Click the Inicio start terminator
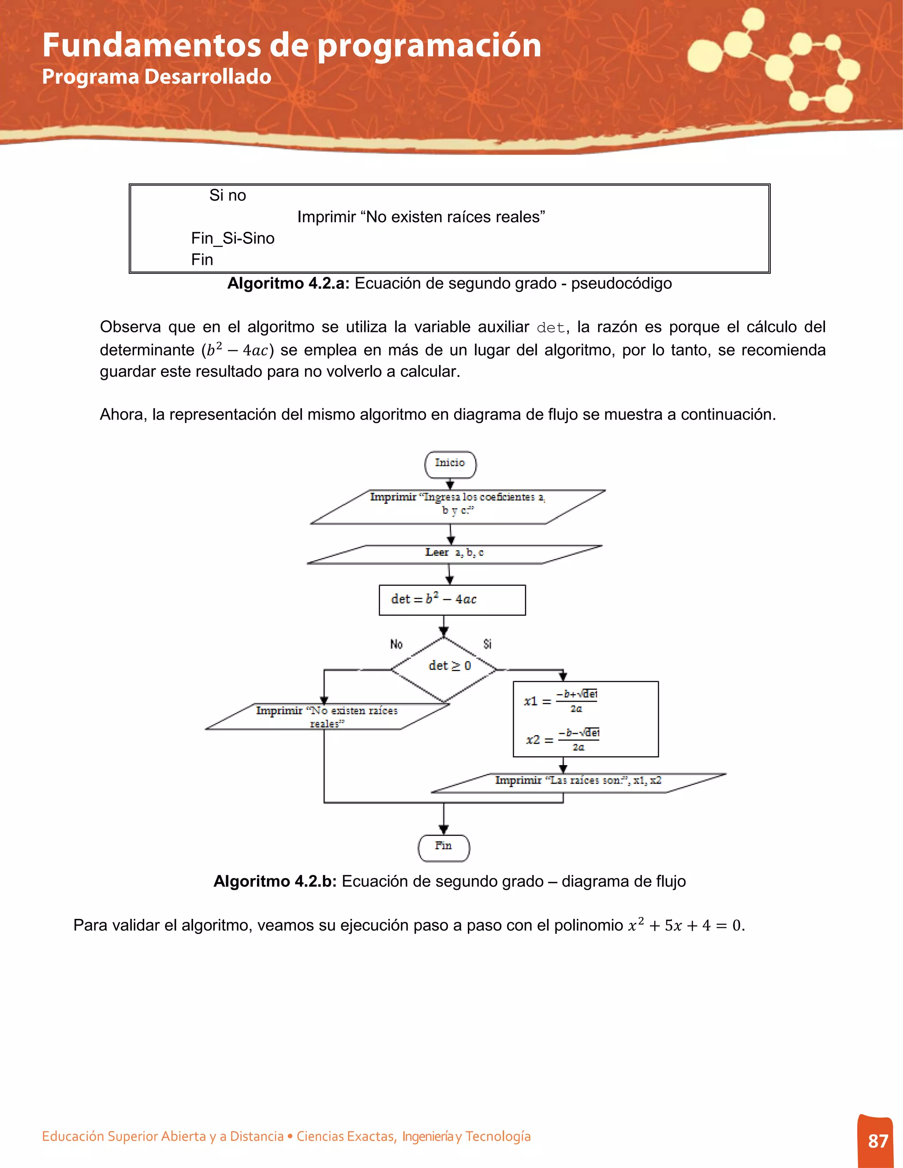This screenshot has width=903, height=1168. (450, 464)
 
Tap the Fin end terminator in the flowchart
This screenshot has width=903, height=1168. (444, 848)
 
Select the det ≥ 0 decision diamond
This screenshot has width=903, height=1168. (444, 668)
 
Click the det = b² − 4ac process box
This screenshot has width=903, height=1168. (452, 599)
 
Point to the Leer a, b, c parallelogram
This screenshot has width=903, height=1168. (454, 554)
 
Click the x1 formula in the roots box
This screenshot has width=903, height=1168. (561, 701)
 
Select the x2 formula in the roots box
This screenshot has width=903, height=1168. (562, 739)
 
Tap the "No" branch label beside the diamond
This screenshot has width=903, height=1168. (396, 644)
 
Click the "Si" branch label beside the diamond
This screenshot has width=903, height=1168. (487, 644)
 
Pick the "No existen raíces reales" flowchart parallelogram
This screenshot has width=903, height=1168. (327, 716)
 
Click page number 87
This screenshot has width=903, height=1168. (877, 1141)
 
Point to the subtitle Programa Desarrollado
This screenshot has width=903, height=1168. (157, 77)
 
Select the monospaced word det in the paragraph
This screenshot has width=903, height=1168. (550, 327)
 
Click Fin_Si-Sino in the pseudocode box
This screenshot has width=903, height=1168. (233, 238)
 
